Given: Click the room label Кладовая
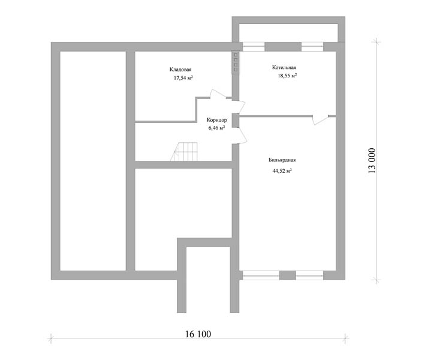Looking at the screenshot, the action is (180, 70).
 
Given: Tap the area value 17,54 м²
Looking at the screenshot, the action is (183, 78).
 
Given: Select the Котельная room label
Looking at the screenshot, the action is (284, 67).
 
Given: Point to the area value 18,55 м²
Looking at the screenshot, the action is (287, 76).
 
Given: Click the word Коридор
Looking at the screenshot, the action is (217, 120).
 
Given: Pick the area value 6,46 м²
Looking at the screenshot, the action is (217, 128).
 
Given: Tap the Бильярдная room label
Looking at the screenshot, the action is (282, 160).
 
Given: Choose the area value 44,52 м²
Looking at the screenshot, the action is (282, 171).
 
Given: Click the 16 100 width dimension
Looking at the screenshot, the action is (198, 334).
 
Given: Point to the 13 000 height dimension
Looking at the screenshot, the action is (372, 161).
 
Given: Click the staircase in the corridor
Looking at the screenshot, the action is (184, 152).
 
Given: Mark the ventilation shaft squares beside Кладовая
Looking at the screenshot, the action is (236, 62).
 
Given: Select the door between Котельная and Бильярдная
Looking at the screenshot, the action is (321, 119).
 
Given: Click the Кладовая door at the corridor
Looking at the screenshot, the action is (218, 94).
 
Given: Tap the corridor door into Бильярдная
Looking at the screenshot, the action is (240, 136).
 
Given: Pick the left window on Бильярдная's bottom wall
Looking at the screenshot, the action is (261, 275).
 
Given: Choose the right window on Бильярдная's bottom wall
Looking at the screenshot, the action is (309, 275).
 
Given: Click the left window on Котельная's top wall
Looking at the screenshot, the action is (254, 47).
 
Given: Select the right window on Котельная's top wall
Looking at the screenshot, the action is (312, 47).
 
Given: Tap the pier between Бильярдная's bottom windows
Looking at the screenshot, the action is (287, 275).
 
